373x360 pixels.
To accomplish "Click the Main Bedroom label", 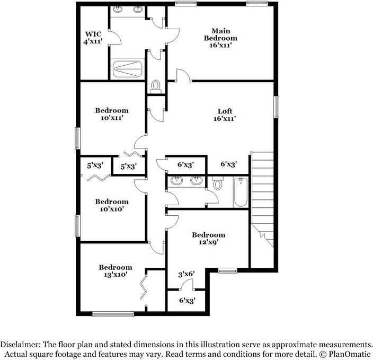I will (x=221, y=38).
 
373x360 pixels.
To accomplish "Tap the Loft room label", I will (x=225, y=115).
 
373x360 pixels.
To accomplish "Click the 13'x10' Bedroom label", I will (x=115, y=271).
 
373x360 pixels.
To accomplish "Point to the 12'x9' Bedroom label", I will (x=208, y=238).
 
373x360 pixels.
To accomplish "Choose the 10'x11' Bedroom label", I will (x=112, y=115).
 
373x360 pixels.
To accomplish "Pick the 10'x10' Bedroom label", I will (x=112, y=205).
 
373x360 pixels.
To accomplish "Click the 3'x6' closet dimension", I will (x=186, y=274).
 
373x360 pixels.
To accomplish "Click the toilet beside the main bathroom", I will (x=156, y=86).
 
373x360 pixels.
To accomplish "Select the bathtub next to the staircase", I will (x=240, y=193).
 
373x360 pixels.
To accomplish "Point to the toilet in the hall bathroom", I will (x=218, y=184).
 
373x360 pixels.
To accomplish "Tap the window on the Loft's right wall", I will (x=276, y=107).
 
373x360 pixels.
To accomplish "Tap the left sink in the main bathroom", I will (x=117, y=10).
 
